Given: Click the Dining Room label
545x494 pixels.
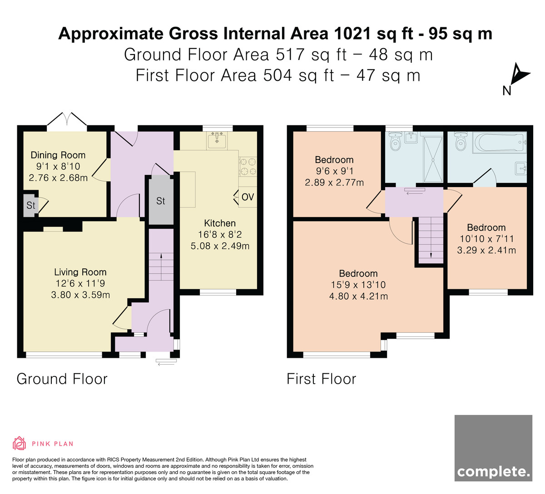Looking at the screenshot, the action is tap(58, 155).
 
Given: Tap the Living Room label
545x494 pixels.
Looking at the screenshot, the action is tap(80, 272).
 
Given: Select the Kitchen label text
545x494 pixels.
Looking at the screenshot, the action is tap(220, 223).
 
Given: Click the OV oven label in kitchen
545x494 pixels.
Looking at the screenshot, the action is tap(248, 197).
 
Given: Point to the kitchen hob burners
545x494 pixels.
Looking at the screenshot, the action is tap(248, 167).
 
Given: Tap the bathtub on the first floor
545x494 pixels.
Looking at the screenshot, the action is tap(500, 143).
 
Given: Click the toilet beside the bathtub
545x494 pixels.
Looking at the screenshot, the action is tap(461, 141).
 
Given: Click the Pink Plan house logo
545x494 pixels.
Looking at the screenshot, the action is tap(19, 444).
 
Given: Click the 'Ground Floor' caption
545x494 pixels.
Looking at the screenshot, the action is tap(62, 379).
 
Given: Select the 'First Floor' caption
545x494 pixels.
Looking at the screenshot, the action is tap(321, 379).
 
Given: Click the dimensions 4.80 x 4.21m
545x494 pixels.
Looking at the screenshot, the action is tap(358, 296).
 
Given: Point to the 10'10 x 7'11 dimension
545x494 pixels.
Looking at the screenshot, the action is tap(486, 239).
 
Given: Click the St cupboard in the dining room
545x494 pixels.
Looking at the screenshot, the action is tap(31, 205).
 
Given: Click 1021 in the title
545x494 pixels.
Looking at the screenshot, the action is tap(352, 34).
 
